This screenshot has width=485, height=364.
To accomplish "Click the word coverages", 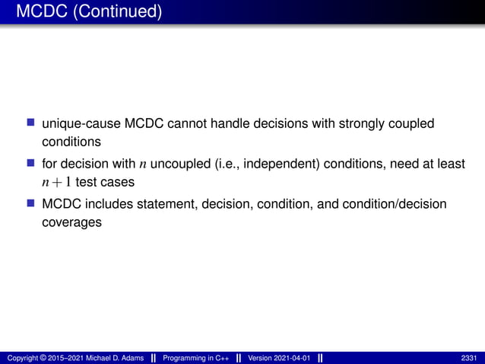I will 71,224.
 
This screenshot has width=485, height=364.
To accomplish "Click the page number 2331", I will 470,358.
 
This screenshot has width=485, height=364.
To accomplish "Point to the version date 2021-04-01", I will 290,358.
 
